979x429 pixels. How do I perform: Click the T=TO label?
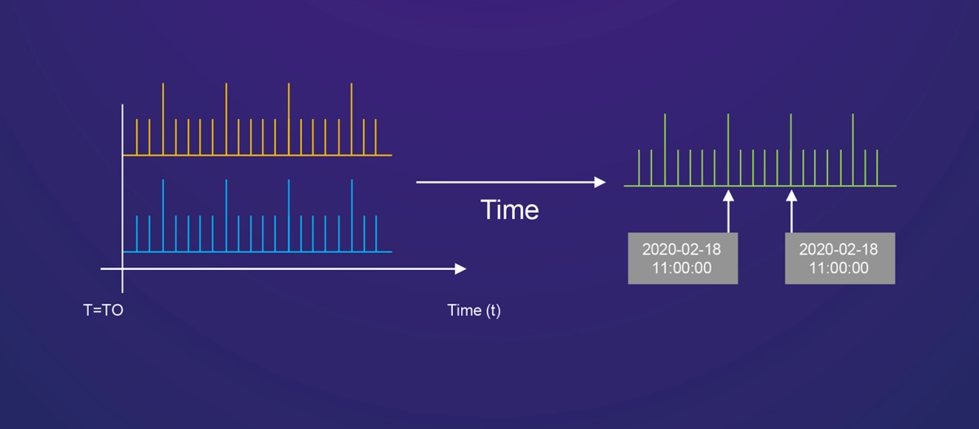(x=103, y=310)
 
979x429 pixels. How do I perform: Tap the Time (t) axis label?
(x=474, y=311)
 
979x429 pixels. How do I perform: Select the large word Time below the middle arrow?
(x=510, y=210)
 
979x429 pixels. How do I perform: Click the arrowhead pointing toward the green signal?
(x=600, y=182)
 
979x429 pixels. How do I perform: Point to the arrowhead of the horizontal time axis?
(x=460, y=269)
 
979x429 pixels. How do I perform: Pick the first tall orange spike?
(x=163, y=119)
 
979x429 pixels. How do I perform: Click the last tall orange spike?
(x=352, y=119)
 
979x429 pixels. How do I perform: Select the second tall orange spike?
(x=226, y=119)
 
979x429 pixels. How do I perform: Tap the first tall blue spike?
(x=163, y=215)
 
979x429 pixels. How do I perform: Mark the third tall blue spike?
(x=289, y=215)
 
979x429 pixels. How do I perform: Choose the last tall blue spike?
(x=352, y=215)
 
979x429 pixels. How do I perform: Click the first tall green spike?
(x=665, y=150)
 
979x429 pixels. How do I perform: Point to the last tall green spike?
(x=853, y=150)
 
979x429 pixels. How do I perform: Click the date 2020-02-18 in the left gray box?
(x=681, y=250)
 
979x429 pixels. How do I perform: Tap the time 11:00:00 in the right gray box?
(x=839, y=268)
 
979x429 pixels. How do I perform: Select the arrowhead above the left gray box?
(x=728, y=196)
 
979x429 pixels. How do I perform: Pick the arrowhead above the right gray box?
(x=791, y=196)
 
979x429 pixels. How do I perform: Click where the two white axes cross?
(x=122, y=269)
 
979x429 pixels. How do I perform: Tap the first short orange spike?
(x=137, y=137)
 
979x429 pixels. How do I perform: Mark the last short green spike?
(x=877, y=168)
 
